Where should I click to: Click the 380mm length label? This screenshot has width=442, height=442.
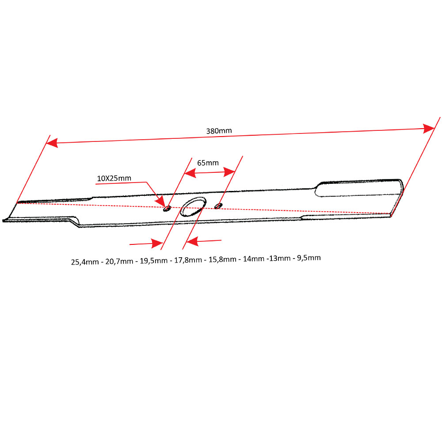pos(219,131)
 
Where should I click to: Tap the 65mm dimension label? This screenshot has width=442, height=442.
pos(208,163)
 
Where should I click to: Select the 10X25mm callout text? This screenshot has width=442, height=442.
pos(114,178)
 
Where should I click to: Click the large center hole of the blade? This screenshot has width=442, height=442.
pos(193,206)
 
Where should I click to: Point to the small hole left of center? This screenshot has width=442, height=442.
pos(167,209)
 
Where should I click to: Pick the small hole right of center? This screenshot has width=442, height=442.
pos(218,206)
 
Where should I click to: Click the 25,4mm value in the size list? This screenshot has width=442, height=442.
pos(85,262)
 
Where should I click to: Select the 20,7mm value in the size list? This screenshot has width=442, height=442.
pos(119,261)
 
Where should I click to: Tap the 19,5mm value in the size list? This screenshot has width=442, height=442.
pos(154,260)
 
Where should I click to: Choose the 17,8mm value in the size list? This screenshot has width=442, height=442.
pos(188,260)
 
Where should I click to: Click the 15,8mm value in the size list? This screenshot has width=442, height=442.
pos(222,259)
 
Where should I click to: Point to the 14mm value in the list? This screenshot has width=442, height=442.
pos(254,259)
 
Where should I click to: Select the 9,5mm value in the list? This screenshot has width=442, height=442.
pos(309,258)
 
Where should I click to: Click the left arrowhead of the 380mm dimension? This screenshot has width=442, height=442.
pos(52,143)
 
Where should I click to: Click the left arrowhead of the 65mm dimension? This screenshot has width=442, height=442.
pos(190,173)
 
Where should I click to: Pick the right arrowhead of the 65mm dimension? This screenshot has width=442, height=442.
pos(229,171)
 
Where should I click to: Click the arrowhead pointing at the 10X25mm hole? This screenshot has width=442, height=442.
pos(161,202)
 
